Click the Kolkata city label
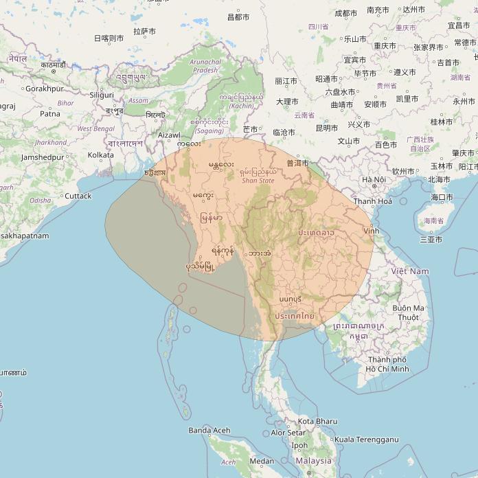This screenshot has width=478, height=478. coord(101,155)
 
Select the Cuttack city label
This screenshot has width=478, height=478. coord(78,196)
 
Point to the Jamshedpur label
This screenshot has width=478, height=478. coord(43,157)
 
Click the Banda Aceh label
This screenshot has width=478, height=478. coord(209,431)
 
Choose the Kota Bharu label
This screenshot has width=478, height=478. coord(317,421)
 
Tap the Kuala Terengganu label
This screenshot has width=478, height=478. coord(366,439)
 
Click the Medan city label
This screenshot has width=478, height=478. coord(262,461)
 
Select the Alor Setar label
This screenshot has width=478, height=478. coord(288,433)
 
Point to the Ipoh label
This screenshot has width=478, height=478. coord(300,445)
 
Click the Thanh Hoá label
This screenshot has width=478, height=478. coord(373,201)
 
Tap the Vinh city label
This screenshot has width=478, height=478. coord(372,231)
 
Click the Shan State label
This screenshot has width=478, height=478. coord(258,181)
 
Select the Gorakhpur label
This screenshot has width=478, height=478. coord(44,89)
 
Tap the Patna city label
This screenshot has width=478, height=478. coord(50,114)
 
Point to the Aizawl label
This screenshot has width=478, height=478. coord(169,135)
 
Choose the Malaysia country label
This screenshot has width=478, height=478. coord(312,461)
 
